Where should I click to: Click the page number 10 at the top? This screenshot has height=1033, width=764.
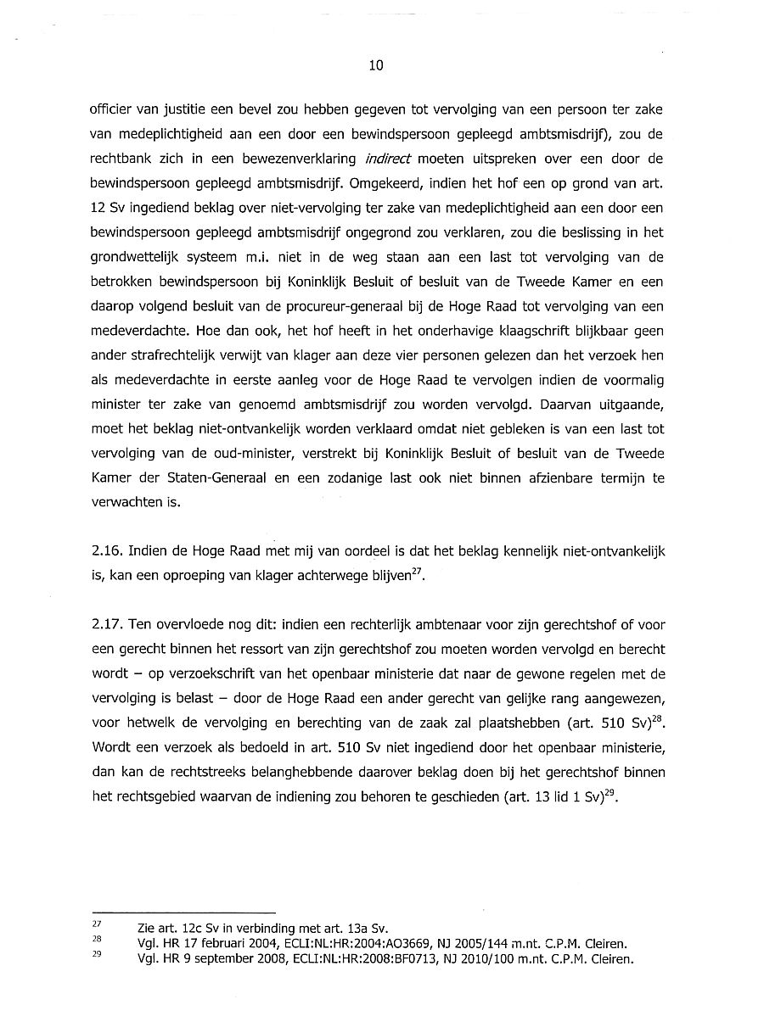coord(377,65)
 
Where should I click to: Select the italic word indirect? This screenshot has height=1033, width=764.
coord(389,159)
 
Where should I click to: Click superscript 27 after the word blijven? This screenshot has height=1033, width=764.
coord(416,572)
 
